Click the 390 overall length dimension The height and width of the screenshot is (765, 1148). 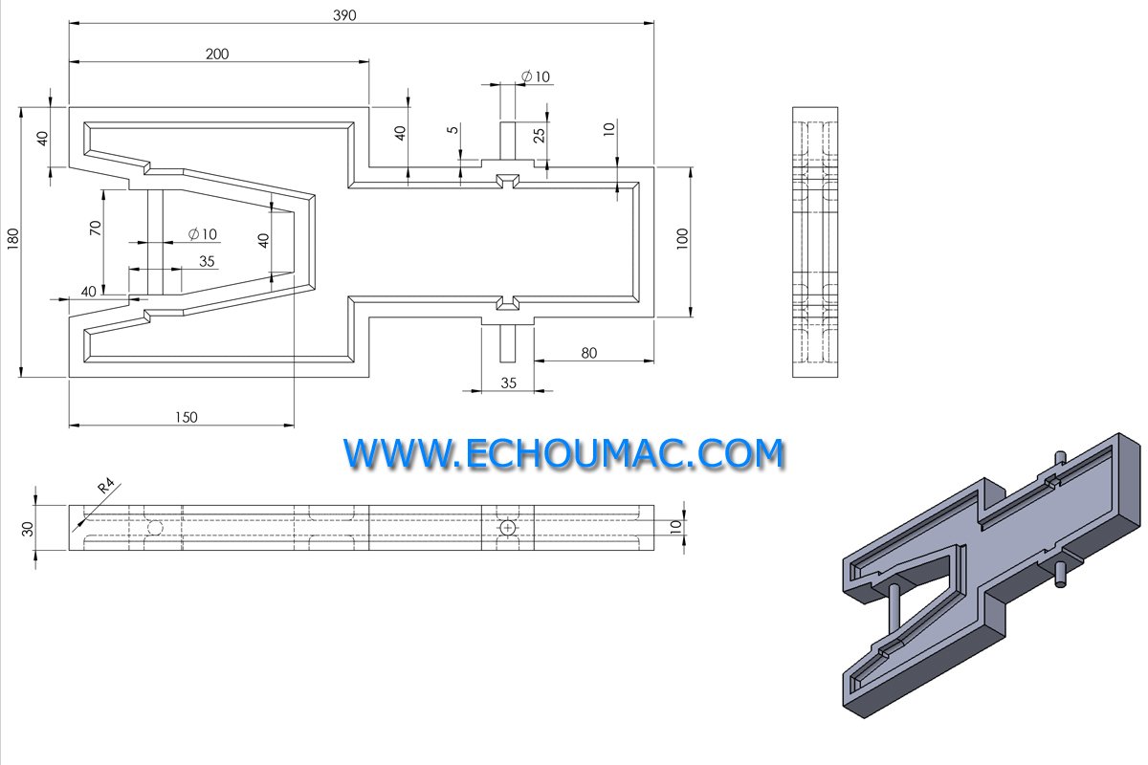click(x=344, y=15)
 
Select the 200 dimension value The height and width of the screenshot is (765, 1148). click(x=217, y=54)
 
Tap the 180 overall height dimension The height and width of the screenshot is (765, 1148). click(x=12, y=239)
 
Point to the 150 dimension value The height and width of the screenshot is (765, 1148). click(x=186, y=417)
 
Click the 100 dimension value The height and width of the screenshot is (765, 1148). click(x=682, y=239)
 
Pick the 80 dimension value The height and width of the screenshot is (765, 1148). click(x=589, y=353)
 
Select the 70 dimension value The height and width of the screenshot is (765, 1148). click(x=96, y=228)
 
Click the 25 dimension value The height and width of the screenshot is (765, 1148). click(x=539, y=135)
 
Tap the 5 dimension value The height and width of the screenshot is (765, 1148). click(x=453, y=130)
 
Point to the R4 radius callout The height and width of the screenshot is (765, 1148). click(x=106, y=485)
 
